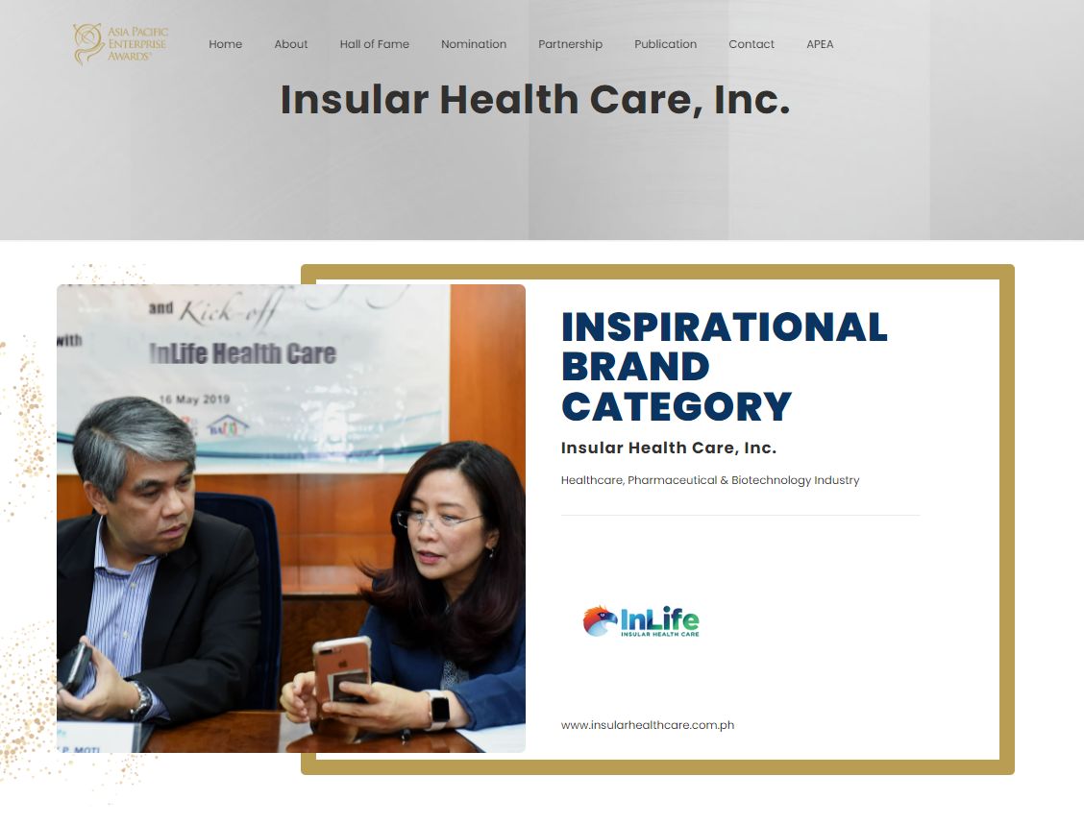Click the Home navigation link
tap(225, 44)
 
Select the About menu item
tap(291, 44)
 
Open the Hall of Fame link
tap(374, 44)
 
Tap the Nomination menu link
tap(474, 44)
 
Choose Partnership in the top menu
tap(570, 44)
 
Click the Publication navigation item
tap(665, 44)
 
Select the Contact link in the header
tap(751, 44)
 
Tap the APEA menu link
tap(820, 44)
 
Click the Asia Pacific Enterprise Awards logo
tap(120, 45)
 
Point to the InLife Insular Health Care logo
tap(641, 621)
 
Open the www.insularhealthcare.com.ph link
tap(648, 725)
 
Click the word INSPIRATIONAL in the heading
tap(724, 327)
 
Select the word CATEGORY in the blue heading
tap(677, 406)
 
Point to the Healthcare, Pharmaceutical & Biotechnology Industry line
tap(710, 480)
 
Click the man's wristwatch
tap(141, 700)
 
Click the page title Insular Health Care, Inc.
tap(534, 100)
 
